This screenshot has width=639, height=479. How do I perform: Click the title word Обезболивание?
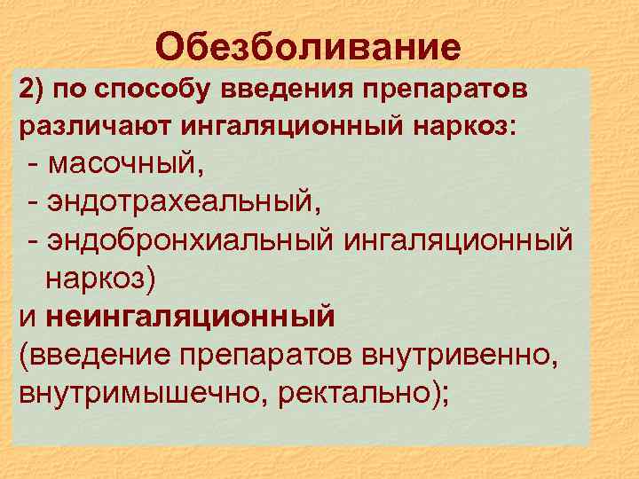(x=308, y=47)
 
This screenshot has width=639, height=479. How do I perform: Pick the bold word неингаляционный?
(x=189, y=316)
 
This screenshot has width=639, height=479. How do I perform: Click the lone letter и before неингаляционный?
(x=28, y=318)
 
